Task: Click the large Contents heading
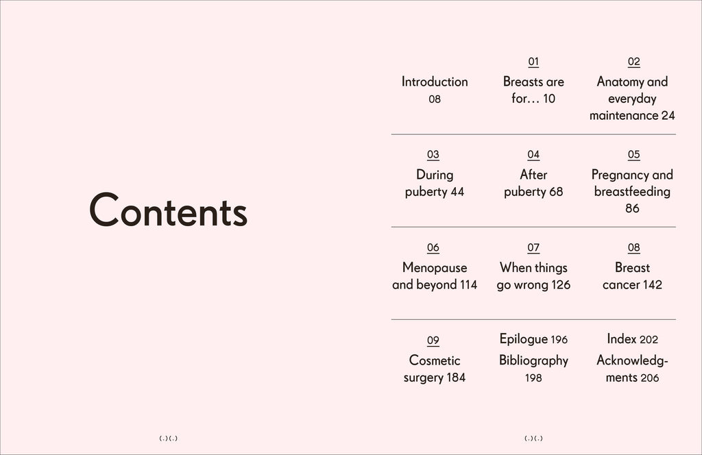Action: coord(168,210)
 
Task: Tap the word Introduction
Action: coord(435,82)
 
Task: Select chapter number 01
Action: coord(533,62)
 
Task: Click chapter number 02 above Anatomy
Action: coord(633,62)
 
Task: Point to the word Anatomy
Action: coord(620,82)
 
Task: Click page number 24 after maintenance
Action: coord(668,116)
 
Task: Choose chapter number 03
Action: coord(433,155)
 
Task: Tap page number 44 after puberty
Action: coord(457,192)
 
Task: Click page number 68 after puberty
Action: coord(556,192)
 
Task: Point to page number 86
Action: coord(632,208)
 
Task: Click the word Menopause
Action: coord(435,268)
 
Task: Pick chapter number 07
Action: coord(533,248)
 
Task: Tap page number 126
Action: coord(560,285)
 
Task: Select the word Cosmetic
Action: coord(435,360)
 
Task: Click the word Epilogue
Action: coord(523,339)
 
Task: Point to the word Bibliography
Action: coord(533,360)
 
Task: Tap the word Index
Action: coord(621,339)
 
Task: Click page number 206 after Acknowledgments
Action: coord(650,378)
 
